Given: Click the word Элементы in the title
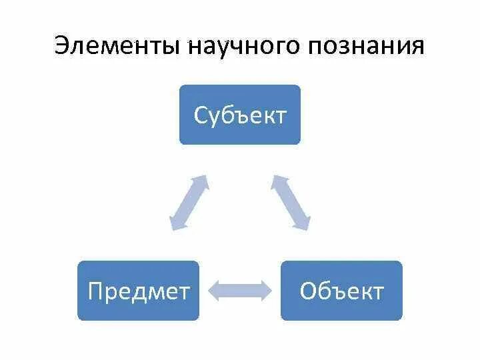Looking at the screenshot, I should coord(117,46).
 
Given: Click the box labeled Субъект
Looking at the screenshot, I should coord(240,115).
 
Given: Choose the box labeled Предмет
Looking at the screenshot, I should coord(138,291).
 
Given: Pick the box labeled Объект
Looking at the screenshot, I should coord(341,291).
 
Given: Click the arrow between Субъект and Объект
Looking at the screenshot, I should coord(291,203).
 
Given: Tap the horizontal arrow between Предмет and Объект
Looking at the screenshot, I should coord(240,289).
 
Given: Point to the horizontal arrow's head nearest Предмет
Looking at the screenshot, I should coord(214,289).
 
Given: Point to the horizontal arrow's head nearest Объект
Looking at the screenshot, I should coord(266,289).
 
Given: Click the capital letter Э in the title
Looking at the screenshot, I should coord(61,46).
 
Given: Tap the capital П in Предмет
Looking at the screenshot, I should coord(95,291).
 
